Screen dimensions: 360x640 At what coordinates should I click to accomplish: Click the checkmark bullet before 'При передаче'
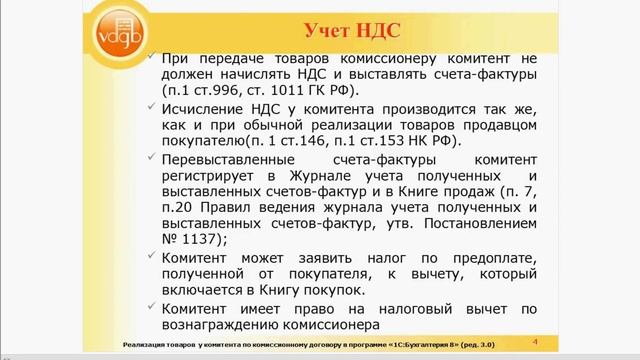(x=149, y=57)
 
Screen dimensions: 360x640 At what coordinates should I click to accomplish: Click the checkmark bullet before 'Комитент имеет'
(x=149, y=304)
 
